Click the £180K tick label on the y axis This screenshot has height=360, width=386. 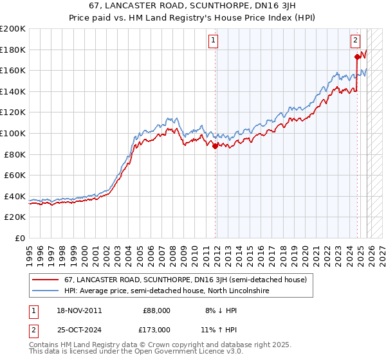[13, 50]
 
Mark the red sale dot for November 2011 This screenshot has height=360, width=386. [215, 146]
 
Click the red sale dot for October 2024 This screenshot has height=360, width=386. [357, 57]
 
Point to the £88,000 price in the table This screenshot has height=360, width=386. [156, 310]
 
